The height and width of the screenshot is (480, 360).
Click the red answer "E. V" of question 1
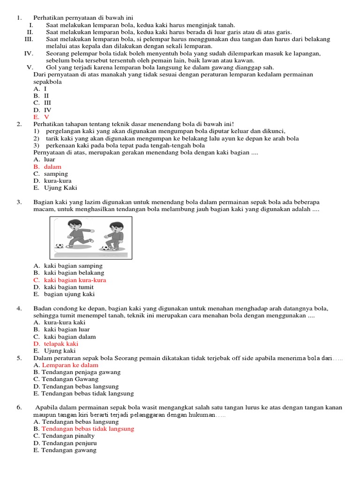click(x=41, y=117)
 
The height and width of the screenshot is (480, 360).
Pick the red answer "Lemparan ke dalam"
click(x=70, y=365)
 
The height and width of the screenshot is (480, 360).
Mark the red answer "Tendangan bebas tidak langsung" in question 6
click(x=87, y=428)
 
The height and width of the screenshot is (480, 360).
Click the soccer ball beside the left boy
click(x=60, y=246)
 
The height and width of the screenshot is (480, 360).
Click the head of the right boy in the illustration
click(x=115, y=228)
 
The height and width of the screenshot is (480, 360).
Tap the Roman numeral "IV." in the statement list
click(x=29, y=53)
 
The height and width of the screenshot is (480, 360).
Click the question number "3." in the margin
click(x=19, y=202)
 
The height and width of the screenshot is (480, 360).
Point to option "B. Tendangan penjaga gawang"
click(x=77, y=372)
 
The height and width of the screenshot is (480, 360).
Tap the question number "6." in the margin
click(x=19, y=407)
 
